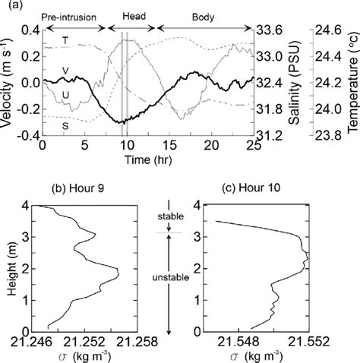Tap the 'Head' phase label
click(x=131, y=15)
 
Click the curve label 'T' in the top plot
click(x=65, y=38)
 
